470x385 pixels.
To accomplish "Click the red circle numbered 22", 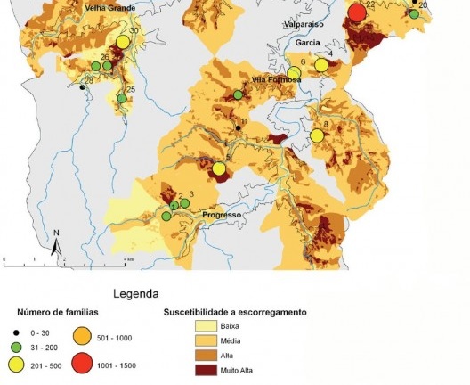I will (357, 12).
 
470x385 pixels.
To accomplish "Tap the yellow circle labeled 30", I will (122, 43).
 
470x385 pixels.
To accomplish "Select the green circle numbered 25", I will (122, 98).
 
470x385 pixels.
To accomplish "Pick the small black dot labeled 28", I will (81, 87).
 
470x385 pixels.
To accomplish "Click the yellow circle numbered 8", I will (316, 135).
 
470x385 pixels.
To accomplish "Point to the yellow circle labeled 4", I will (321, 65).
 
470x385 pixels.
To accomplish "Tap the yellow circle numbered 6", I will (294, 73).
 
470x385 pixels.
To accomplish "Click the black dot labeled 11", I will (238, 129).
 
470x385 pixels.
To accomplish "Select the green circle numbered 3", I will (184, 204).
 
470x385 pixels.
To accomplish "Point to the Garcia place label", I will (308, 42).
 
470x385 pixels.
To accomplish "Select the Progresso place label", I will (223, 216).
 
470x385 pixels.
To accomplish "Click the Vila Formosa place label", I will (277, 80).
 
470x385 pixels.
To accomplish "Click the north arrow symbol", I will (55, 241).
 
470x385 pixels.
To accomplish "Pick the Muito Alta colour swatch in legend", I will (206, 368).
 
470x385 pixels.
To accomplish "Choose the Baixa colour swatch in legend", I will (206, 327).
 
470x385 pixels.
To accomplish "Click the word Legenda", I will (136, 292).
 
